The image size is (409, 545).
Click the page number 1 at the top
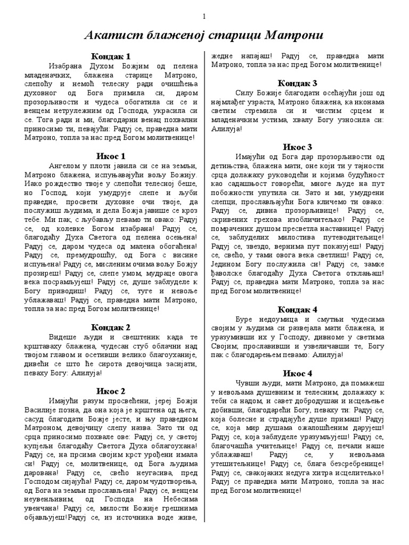[204, 17]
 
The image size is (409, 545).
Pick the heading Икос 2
[111, 392]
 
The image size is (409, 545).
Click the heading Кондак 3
[298, 83]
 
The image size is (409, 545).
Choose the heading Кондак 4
[298, 309]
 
